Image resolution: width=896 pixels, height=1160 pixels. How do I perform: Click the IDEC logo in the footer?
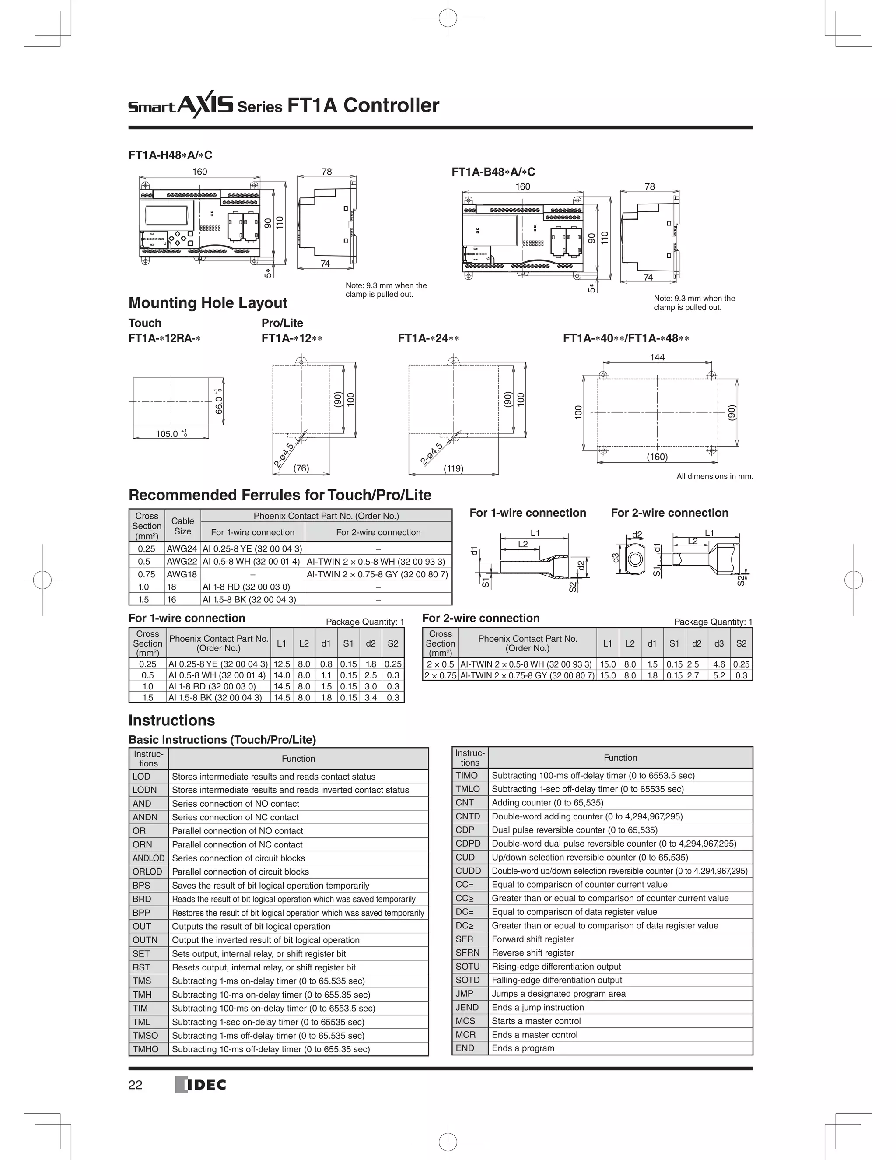tap(201, 1085)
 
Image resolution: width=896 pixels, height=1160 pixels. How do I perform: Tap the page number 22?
tap(135, 1085)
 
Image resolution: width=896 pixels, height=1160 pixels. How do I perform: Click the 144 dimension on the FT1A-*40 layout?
tap(657, 358)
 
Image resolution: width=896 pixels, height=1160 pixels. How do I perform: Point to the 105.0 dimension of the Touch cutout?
tap(167, 434)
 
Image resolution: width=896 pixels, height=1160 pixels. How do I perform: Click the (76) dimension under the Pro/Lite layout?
tap(301, 468)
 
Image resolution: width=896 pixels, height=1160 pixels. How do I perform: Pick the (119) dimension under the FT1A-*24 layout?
tap(453, 468)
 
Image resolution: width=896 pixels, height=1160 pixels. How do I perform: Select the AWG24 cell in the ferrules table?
tap(182, 548)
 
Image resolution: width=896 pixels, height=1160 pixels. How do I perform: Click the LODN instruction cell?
tap(145, 790)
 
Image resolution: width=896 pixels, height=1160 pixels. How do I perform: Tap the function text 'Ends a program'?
tap(523, 1048)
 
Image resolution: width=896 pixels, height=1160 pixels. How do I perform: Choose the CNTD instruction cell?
tap(468, 816)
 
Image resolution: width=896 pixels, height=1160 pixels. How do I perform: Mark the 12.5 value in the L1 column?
tap(282, 664)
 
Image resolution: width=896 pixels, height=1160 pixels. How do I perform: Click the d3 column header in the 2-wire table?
tap(719, 643)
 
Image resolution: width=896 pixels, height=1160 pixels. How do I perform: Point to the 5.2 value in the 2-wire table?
tap(719, 675)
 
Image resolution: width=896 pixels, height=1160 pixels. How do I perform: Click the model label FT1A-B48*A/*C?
tap(493, 172)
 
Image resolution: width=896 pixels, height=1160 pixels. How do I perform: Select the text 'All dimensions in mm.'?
tap(714, 476)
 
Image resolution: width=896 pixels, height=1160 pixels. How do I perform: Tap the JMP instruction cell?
tap(465, 993)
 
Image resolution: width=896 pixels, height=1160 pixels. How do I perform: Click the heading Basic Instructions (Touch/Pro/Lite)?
tap(222, 740)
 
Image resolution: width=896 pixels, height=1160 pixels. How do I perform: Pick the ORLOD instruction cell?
tap(147, 872)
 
